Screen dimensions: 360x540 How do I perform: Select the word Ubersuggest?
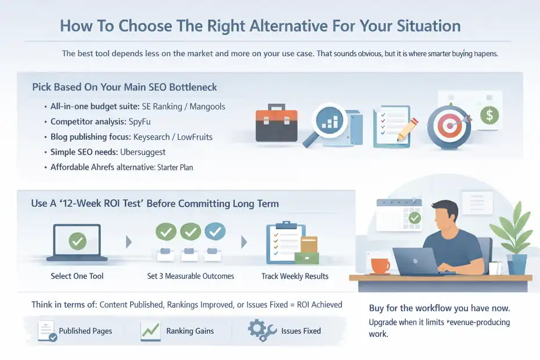pos(143,152)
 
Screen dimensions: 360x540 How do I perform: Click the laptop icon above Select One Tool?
pos(77,241)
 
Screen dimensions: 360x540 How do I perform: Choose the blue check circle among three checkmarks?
pos(215,232)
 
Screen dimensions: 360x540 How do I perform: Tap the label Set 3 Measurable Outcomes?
pos(190,276)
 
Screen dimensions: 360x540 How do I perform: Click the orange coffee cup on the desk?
pos(380,266)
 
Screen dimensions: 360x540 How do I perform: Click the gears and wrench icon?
pos(261,330)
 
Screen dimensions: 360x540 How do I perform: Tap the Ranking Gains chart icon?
pos(150,331)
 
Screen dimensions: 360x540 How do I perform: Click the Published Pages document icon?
pos(46,331)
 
